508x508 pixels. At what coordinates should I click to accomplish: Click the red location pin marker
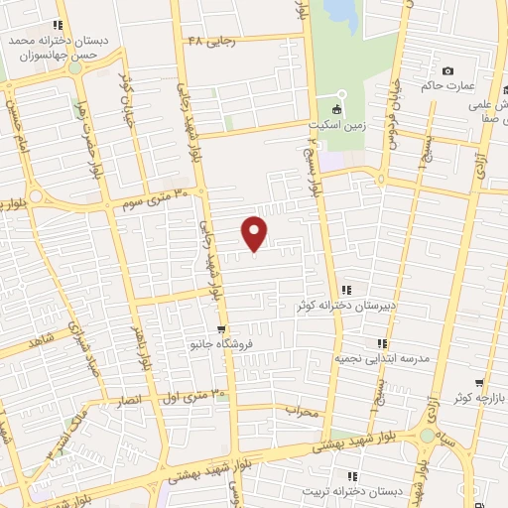click(255, 232)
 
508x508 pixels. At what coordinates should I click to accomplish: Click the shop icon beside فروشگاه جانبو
click(220, 329)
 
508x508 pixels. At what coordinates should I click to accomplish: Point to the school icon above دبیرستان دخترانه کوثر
click(345, 290)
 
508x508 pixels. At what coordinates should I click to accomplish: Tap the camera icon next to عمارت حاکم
click(448, 70)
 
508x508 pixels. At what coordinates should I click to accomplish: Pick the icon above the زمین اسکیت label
click(337, 109)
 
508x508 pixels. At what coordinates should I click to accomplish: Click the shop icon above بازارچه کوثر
click(480, 382)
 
